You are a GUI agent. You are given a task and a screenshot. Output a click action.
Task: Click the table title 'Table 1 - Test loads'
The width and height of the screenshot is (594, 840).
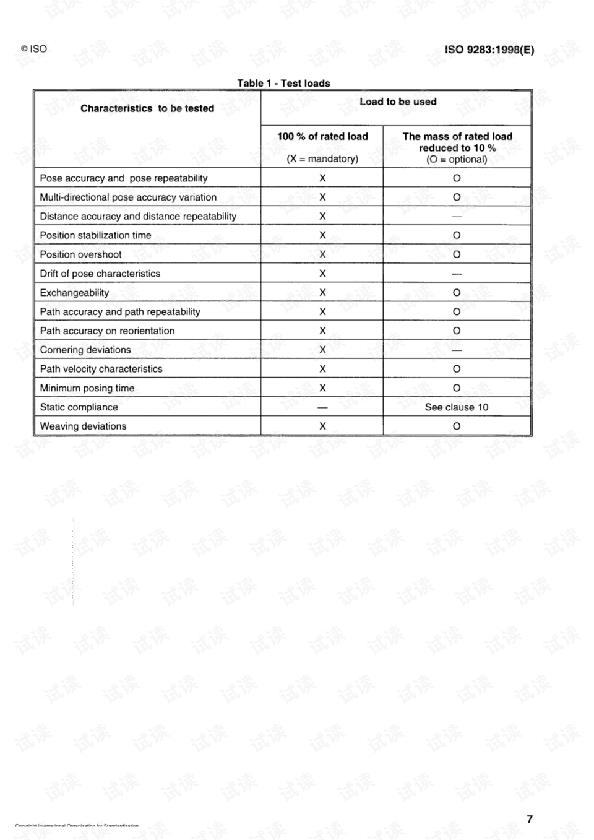coord(283,83)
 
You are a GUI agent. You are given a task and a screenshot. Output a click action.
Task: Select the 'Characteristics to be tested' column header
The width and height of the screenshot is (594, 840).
coord(147,108)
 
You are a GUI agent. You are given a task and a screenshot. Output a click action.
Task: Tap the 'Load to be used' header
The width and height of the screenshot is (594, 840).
coord(398,102)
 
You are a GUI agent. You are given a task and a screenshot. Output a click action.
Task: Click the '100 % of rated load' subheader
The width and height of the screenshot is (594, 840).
coord(322,136)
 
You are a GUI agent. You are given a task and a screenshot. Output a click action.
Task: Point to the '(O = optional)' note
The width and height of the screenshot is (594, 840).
coord(457,159)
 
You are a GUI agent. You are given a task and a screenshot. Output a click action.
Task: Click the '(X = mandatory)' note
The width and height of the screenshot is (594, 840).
coord(322,159)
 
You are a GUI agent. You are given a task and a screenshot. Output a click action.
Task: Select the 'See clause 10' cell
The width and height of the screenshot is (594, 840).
coord(457,407)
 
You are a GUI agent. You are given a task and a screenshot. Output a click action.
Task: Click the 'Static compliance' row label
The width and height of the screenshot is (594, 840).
coord(79,407)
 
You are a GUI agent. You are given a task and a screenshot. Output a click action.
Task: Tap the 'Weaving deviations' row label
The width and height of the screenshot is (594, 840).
coord(83,426)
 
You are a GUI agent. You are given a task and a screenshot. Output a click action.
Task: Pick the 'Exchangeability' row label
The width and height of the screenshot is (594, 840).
coord(74,293)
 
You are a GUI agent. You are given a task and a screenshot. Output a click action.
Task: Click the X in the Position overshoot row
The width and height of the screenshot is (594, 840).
coord(322,254)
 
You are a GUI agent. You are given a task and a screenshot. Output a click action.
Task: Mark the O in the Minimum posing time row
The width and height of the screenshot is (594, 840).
coord(457,388)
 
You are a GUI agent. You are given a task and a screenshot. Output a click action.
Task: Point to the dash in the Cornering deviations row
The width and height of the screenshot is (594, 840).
coord(457,350)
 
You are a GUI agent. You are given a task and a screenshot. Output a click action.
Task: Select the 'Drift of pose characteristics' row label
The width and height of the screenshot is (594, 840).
coord(100,274)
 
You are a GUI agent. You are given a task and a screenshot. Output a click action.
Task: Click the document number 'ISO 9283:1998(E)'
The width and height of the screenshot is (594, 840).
coord(489,50)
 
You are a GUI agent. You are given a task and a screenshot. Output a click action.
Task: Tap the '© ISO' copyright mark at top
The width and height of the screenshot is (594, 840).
coord(34,49)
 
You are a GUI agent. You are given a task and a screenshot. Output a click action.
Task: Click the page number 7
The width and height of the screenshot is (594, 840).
coord(530,819)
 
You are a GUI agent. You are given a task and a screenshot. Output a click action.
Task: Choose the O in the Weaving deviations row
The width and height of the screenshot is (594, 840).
coord(457,426)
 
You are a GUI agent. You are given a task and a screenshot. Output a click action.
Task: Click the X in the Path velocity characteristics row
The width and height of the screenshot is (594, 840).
coord(322,369)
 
